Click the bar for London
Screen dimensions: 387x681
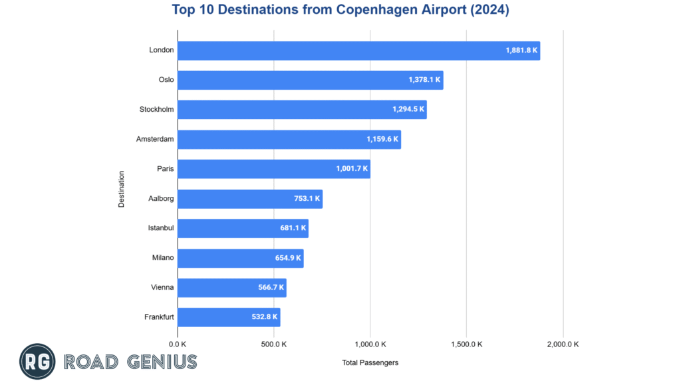pyautogui.click(x=359, y=51)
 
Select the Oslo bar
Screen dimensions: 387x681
pyautogui.click(x=311, y=80)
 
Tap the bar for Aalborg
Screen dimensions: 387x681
pyautogui.click(x=250, y=199)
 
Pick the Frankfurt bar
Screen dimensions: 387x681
pyautogui.click(x=229, y=317)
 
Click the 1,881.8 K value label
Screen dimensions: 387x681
pyautogui.click(x=521, y=51)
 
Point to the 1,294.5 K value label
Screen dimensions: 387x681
pyautogui.click(x=408, y=110)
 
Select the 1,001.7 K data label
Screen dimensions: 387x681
pyautogui.click(x=352, y=169)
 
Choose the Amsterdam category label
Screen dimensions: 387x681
pyautogui.click(x=156, y=140)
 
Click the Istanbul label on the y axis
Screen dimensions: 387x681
pyautogui.click(x=161, y=228)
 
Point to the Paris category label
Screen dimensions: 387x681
pyautogui.click(x=166, y=169)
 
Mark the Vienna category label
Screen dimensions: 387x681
pyautogui.click(x=162, y=288)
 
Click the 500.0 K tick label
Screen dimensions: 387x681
pyautogui.click(x=274, y=344)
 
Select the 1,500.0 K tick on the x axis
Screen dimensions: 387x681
pyautogui.click(x=466, y=344)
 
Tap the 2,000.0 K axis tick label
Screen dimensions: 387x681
pyautogui.click(x=563, y=344)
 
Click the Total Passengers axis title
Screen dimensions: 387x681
pyautogui.click(x=370, y=363)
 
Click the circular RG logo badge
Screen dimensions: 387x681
pyautogui.click(x=37, y=362)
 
